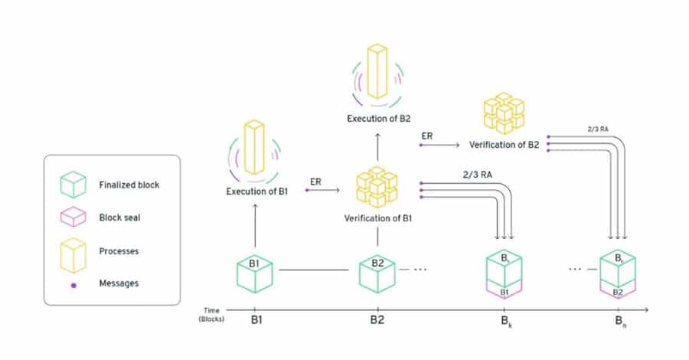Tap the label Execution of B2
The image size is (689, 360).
point(377,119)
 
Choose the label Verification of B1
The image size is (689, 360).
point(377,219)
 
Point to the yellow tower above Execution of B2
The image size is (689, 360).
point(377,70)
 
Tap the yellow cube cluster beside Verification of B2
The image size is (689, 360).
point(503,113)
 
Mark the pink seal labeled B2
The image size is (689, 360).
point(618,292)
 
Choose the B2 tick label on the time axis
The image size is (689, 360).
point(377,319)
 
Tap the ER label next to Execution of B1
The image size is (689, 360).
point(315,181)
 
